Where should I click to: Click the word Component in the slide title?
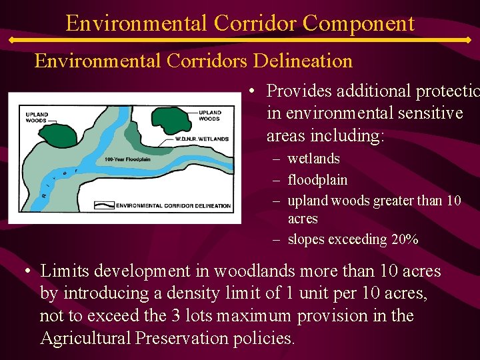(x=358, y=24)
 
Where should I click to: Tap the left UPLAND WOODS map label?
(x=37, y=117)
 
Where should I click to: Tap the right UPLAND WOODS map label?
(x=209, y=115)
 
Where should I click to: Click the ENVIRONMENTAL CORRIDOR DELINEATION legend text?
(x=173, y=206)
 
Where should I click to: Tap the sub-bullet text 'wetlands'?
(x=313, y=159)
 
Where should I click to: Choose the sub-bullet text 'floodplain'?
(x=317, y=180)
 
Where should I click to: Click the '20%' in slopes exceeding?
(x=405, y=239)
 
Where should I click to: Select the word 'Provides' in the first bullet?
(x=299, y=91)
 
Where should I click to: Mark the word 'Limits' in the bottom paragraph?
(x=62, y=271)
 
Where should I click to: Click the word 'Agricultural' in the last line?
(x=85, y=338)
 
